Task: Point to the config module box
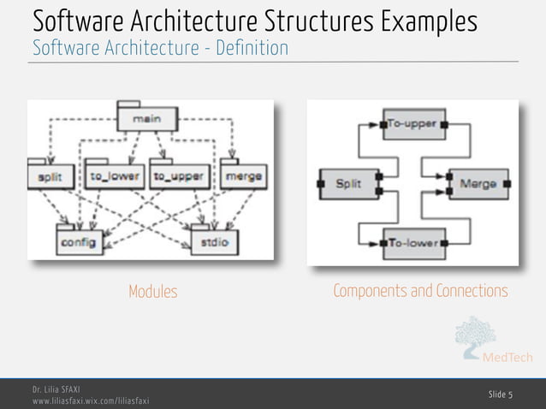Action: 78,241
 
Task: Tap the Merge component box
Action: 478,183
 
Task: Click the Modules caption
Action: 153,292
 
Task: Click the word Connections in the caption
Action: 472,292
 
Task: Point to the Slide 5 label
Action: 501,394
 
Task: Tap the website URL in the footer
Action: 91,400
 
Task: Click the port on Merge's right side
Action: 507,183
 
